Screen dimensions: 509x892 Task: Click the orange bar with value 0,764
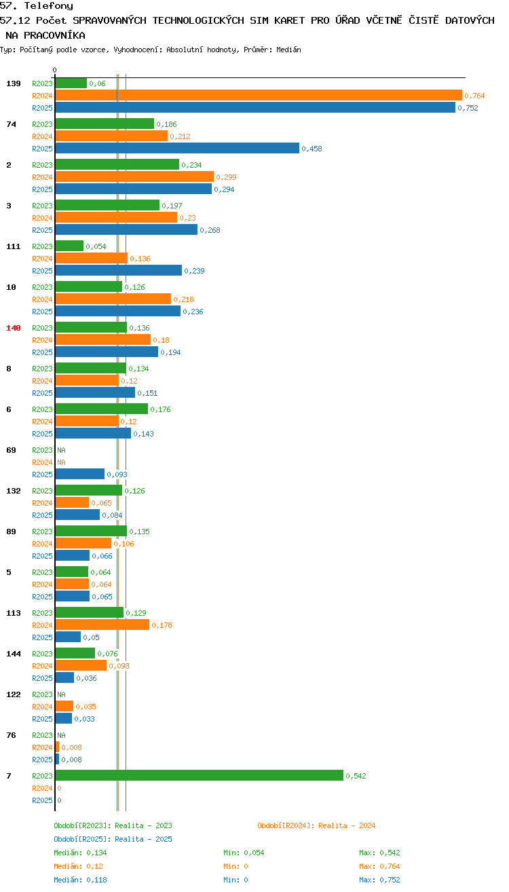[259, 96]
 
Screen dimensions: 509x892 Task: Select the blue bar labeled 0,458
[177, 149]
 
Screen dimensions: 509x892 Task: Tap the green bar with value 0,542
[199, 776]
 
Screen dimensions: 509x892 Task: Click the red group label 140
[14, 328]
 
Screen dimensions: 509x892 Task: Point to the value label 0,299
[226, 177]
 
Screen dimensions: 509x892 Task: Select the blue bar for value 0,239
[119, 271]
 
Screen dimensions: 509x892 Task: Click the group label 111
[14, 246]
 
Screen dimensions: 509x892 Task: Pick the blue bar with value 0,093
[80, 475]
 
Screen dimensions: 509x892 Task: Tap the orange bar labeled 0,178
[102, 625]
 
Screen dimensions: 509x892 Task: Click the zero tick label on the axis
[54, 70]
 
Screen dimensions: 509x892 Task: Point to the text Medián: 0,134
[80, 853]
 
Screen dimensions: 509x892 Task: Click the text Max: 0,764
[379, 866]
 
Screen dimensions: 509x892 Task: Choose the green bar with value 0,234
[117, 165]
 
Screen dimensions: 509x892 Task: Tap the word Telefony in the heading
[49, 6]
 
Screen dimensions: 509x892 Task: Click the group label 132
[14, 491]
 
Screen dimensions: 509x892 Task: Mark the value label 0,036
[86, 678]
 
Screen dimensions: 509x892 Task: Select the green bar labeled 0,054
[69, 246]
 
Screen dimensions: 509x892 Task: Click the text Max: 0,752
[379, 880]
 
